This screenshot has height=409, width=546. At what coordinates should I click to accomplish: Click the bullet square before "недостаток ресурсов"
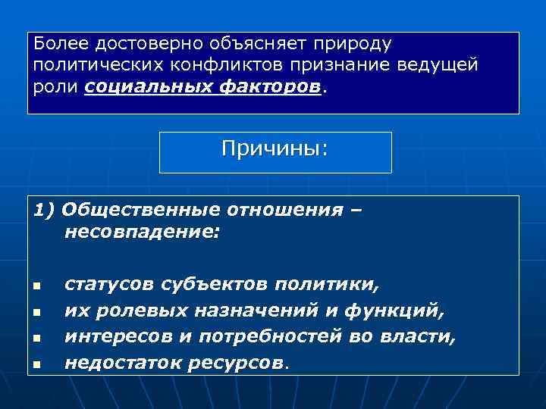[x=36, y=365]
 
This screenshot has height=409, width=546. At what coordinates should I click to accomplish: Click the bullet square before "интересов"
[x=36, y=339]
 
